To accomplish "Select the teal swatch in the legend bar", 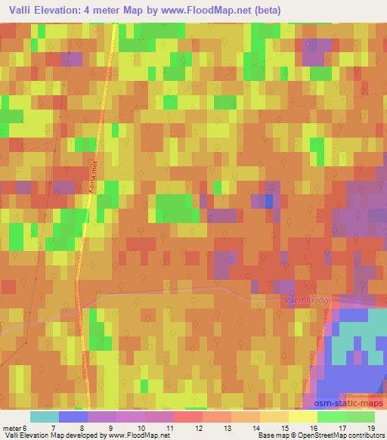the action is tap(44, 417).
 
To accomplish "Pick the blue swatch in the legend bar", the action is tap(73, 417).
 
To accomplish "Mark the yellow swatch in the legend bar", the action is tap(302, 417).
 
